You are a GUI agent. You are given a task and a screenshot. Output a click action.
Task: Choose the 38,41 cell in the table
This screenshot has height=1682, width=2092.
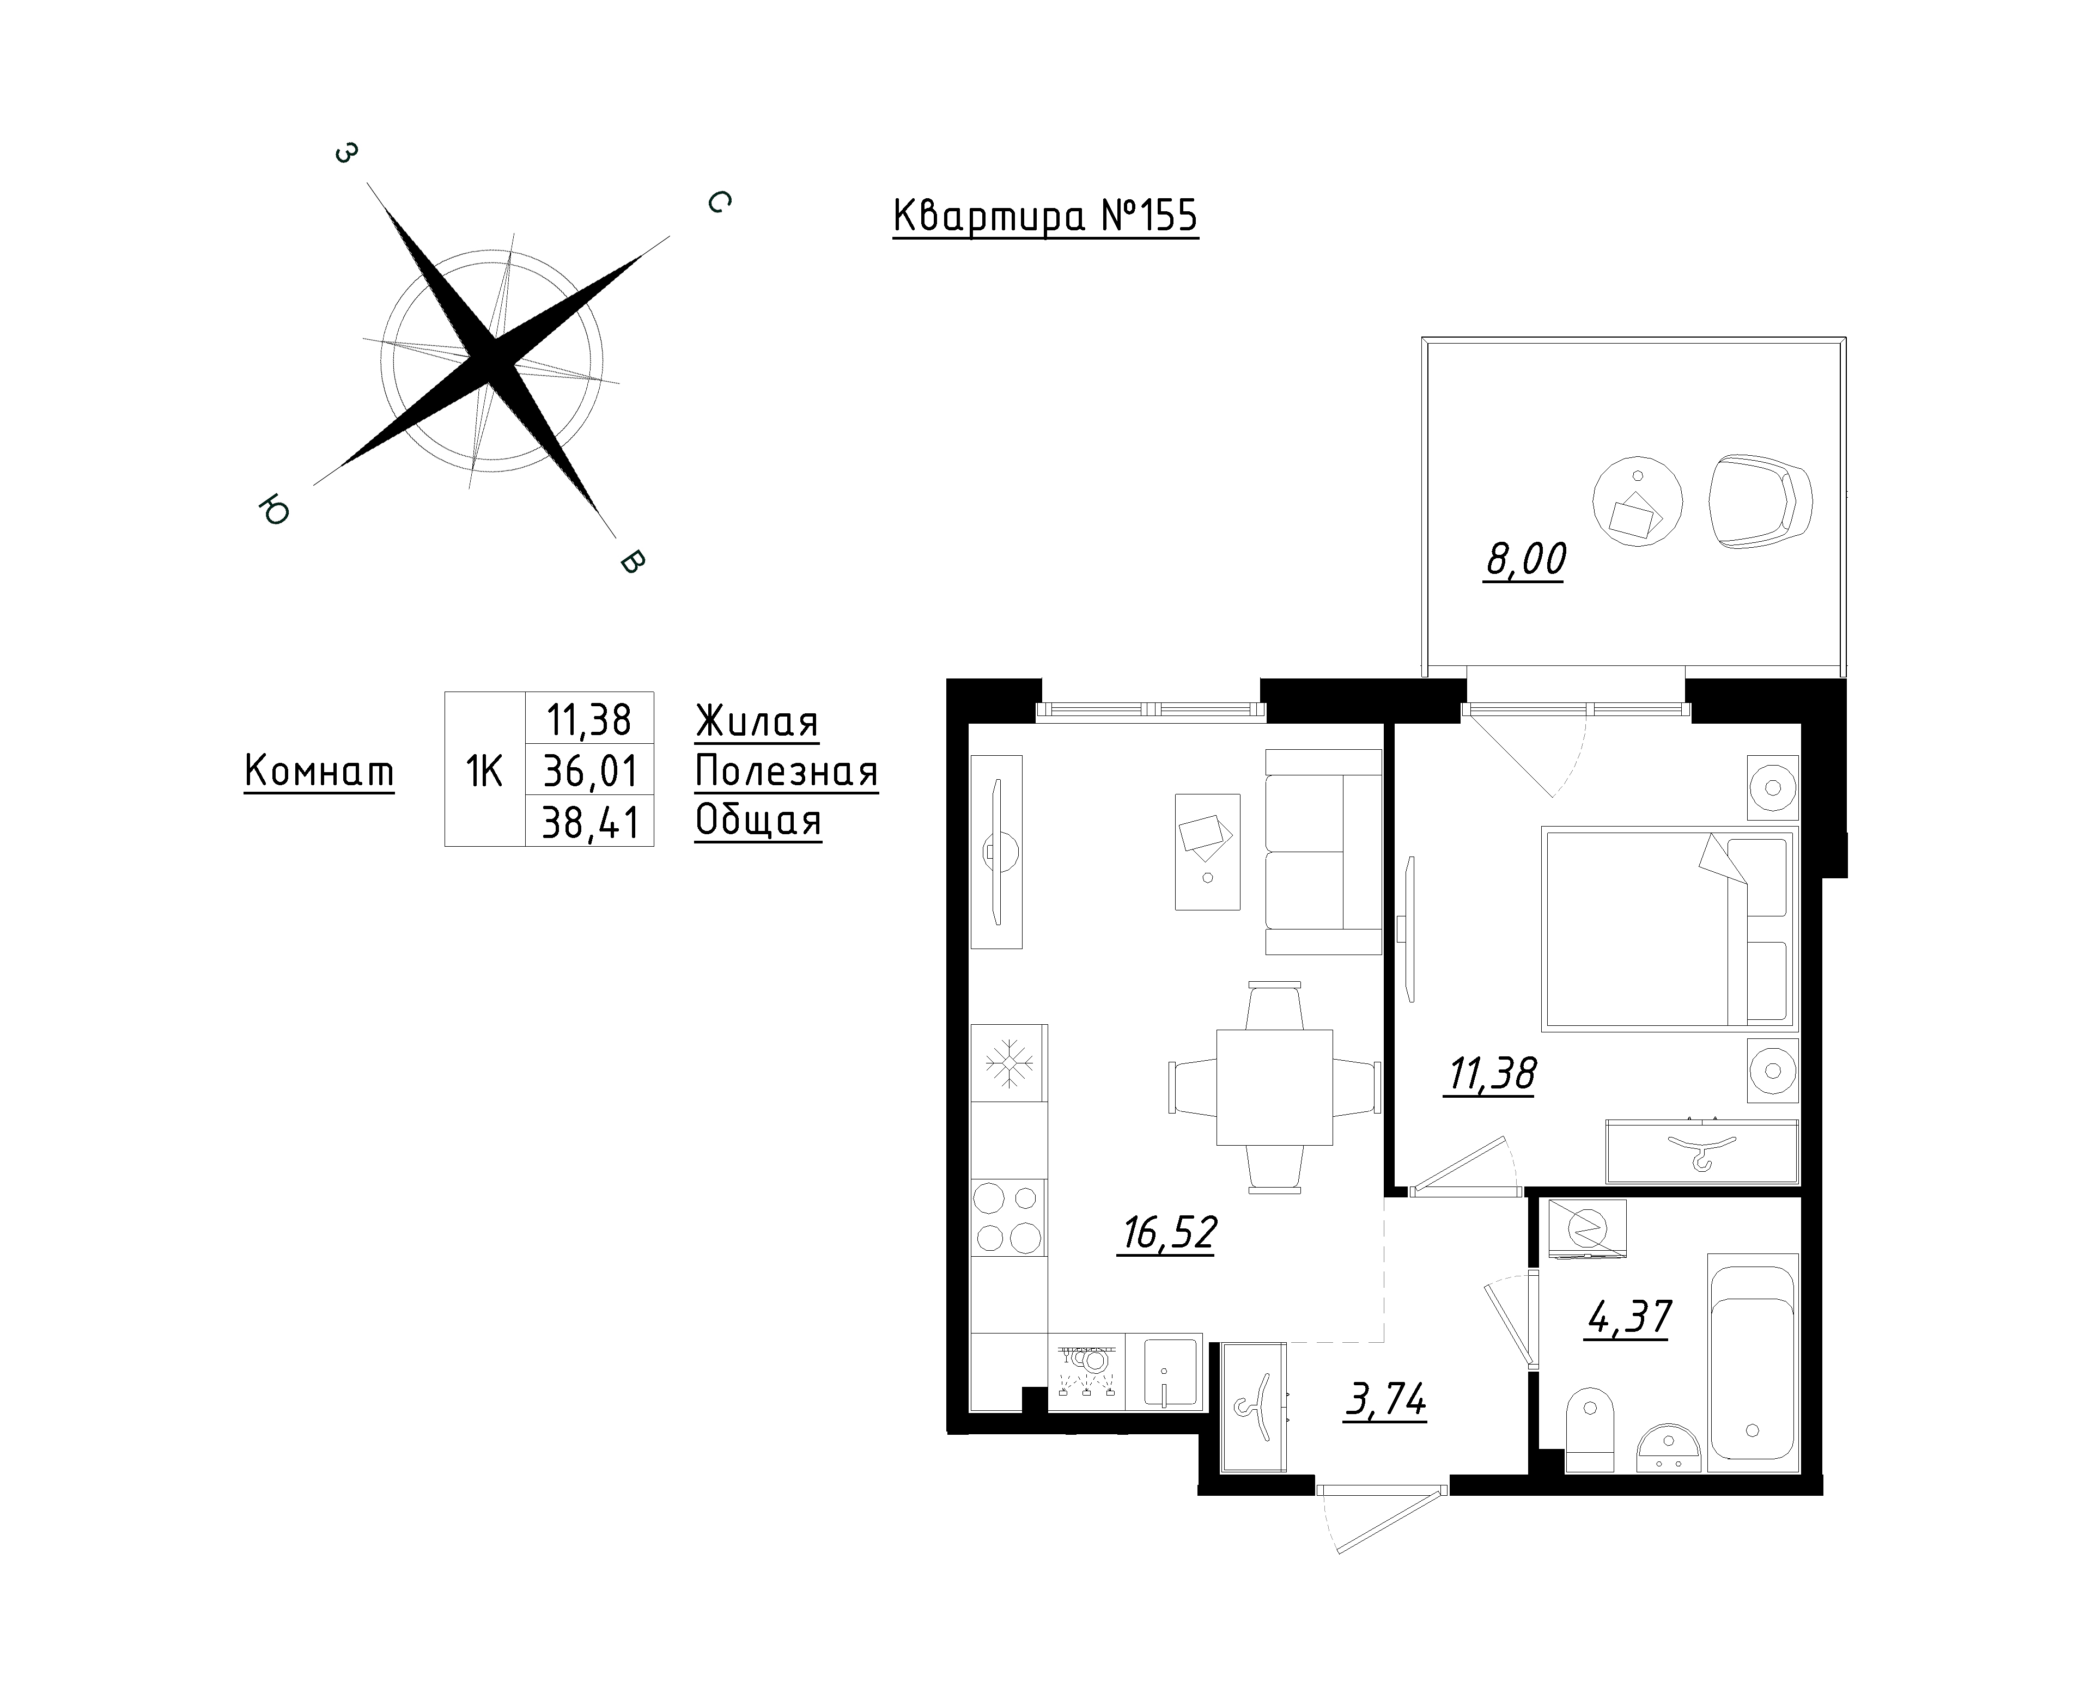pos(590,823)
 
